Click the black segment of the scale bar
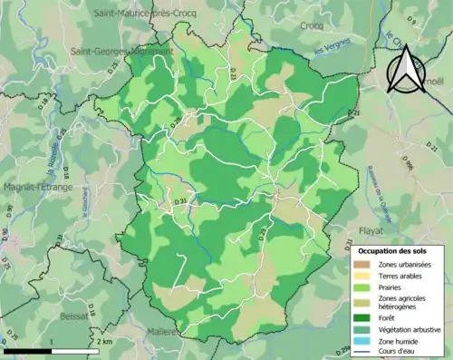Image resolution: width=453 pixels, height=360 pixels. tap(28, 350)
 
